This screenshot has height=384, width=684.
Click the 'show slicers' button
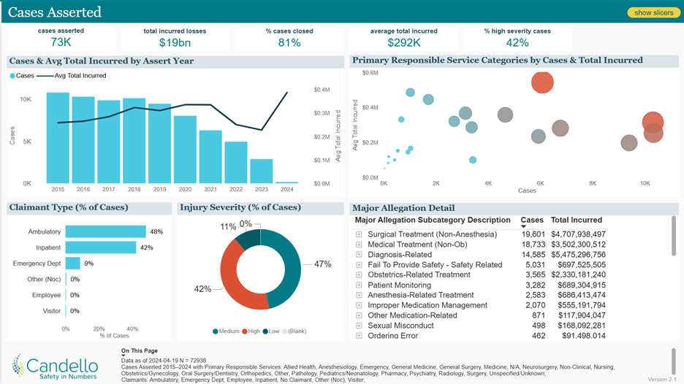click(x=653, y=12)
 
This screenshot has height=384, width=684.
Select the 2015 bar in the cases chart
click(x=58, y=139)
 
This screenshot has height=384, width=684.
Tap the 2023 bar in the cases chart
click(x=261, y=171)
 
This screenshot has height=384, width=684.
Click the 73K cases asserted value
click(x=61, y=43)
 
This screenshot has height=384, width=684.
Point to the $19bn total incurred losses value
click(x=175, y=43)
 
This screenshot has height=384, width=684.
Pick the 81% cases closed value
click(x=289, y=43)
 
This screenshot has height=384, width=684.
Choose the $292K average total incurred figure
click(x=403, y=43)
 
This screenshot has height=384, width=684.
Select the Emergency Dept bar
click(x=73, y=263)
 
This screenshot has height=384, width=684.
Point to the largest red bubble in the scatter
click(x=542, y=82)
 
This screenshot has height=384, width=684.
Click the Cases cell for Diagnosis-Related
click(x=531, y=254)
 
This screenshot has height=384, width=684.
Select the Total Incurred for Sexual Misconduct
click(x=578, y=326)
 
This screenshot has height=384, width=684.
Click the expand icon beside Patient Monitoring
click(x=359, y=285)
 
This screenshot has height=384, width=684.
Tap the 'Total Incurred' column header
click(x=577, y=220)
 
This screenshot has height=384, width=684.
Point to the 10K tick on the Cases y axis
click(x=25, y=99)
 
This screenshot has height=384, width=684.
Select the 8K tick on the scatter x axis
click(x=593, y=183)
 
